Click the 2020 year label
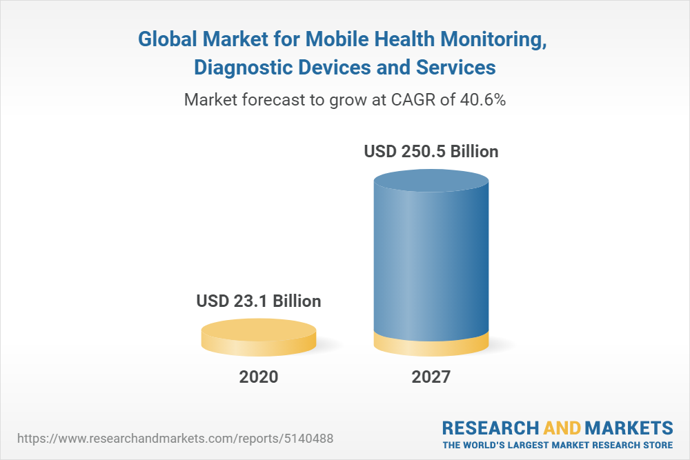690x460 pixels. click(x=259, y=377)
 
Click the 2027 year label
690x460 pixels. click(x=431, y=377)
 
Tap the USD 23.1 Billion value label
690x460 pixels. click(x=259, y=301)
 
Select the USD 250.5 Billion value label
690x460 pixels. click(x=431, y=151)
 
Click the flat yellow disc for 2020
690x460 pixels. click(x=259, y=337)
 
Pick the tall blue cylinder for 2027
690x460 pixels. click(x=431, y=262)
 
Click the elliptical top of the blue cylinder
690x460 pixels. click(x=431, y=183)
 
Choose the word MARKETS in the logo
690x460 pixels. click(x=629, y=427)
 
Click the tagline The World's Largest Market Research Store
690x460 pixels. click(x=558, y=444)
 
